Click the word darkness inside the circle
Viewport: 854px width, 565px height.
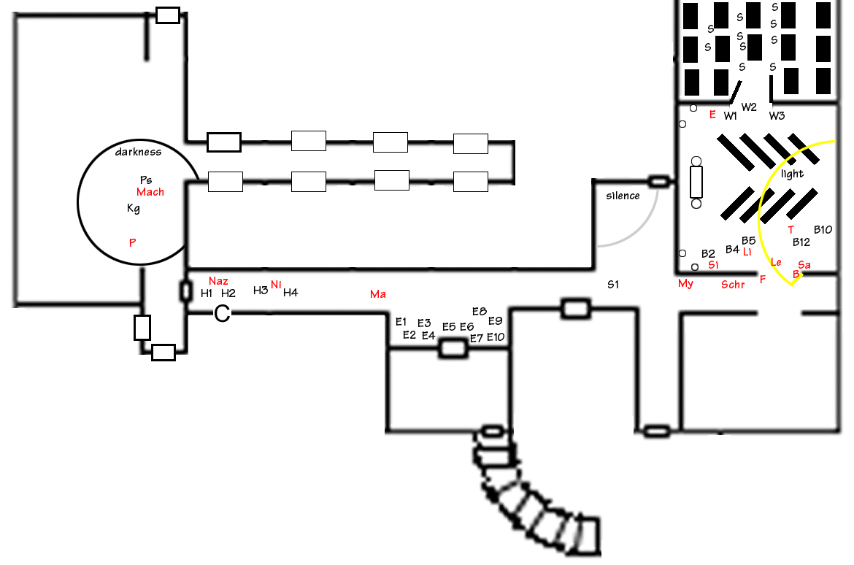[139, 152]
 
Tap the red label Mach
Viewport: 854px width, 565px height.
[150, 192]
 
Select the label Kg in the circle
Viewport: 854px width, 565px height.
[134, 208]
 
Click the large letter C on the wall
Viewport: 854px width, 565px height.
[222, 313]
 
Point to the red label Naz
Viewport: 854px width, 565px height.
[218, 281]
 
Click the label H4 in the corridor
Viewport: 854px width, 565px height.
[291, 293]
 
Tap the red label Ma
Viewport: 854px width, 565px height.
[378, 294]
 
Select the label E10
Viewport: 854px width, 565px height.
[496, 337]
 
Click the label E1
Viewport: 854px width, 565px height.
[401, 321]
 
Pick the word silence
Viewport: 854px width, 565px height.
[623, 196]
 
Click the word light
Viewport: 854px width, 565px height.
[792, 174]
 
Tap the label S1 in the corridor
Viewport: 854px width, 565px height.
[613, 285]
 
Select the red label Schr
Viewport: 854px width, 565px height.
[733, 285]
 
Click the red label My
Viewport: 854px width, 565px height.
[685, 283]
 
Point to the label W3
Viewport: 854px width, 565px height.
[777, 115]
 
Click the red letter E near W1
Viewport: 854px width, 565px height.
[712, 115]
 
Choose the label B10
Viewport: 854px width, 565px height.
[823, 229]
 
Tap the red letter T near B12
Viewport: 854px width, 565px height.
[790, 230]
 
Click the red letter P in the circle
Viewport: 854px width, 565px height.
[132, 242]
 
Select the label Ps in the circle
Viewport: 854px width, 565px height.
[146, 180]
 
